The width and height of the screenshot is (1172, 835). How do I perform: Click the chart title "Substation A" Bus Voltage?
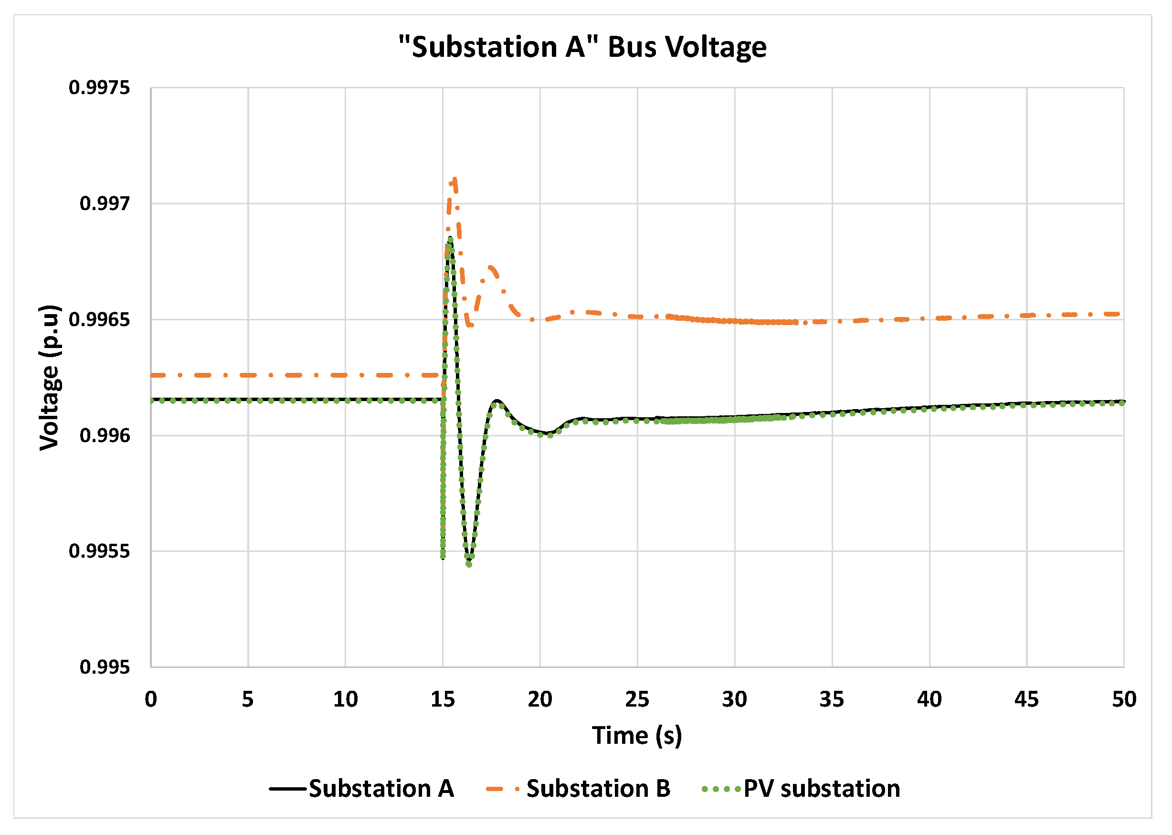click(x=582, y=47)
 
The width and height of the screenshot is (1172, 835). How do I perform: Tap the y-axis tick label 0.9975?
click(x=99, y=88)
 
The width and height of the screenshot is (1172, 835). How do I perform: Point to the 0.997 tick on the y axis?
click(x=105, y=203)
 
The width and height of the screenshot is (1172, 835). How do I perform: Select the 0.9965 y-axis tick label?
click(x=99, y=320)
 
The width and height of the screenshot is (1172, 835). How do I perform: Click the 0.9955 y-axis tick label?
click(x=99, y=551)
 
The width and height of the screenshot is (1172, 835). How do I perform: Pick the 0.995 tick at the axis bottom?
click(x=105, y=667)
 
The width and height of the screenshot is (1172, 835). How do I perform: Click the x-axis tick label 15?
click(x=443, y=700)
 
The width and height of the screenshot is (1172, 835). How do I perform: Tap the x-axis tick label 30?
click(x=735, y=700)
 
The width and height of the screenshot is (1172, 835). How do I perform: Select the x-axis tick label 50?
click(x=1124, y=700)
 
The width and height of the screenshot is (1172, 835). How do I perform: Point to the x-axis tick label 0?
click(x=150, y=700)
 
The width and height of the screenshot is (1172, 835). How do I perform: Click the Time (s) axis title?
click(x=637, y=736)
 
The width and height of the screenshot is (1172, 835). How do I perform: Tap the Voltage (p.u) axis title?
click(x=50, y=378)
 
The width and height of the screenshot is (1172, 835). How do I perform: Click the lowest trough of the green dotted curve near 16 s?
click(x=469, y=564)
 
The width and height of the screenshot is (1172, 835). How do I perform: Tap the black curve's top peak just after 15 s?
click(x=450, y=238)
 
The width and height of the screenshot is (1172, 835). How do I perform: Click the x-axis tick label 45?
click(x=1026, y=700)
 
